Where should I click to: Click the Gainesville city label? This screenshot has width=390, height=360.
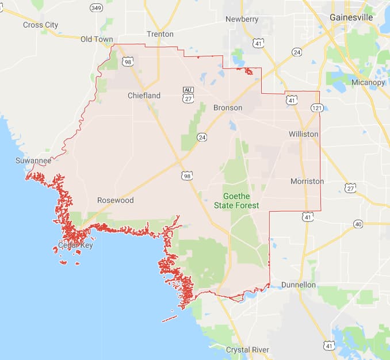[x=351, y=18]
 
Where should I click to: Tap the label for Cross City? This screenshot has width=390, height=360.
[x=40, y=25]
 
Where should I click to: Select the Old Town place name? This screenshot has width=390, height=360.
[x=97, y=39]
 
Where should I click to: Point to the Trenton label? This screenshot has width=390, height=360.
[x=160, y=34]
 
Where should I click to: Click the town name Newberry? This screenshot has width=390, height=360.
[x=242, y=19]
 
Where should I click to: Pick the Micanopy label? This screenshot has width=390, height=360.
[x=368, y=83]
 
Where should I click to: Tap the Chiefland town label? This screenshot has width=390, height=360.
[x=144, y=95]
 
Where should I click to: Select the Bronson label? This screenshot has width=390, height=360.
[x=227, y=108]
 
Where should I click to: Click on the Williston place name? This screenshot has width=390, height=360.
[x=303, y=133]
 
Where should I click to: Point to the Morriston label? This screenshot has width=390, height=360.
[x=307, y=181]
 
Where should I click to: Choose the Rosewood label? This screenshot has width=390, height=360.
[x=115, y=200]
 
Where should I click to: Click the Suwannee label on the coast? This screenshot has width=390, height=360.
[x=33, y=161]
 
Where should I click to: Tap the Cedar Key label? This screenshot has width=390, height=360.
[x=75, y=245]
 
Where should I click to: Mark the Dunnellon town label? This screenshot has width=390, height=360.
[x=299, y=285]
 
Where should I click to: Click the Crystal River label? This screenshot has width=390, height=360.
[x=248, y=350]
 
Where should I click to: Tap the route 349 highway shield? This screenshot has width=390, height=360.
[x=96, y=7]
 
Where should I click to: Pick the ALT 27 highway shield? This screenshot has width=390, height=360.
[x=188, y=94]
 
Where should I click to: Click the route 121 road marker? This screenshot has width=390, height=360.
[x=316, y=108]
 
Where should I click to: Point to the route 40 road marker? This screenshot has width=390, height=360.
[x=358, y=224]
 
